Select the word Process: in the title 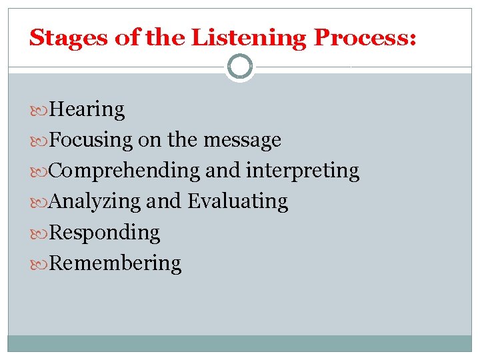pos(365,37)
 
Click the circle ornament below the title pos(240,67)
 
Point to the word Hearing pos(87,109)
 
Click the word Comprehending pos(125,171)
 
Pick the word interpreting pos(303,171)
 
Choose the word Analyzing pos(95,201)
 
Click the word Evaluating pos(238,201)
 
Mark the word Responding pos(105,232)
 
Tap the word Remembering pos(115,263)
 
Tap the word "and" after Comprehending pos(223,171)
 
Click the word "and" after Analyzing pos(164,201)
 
